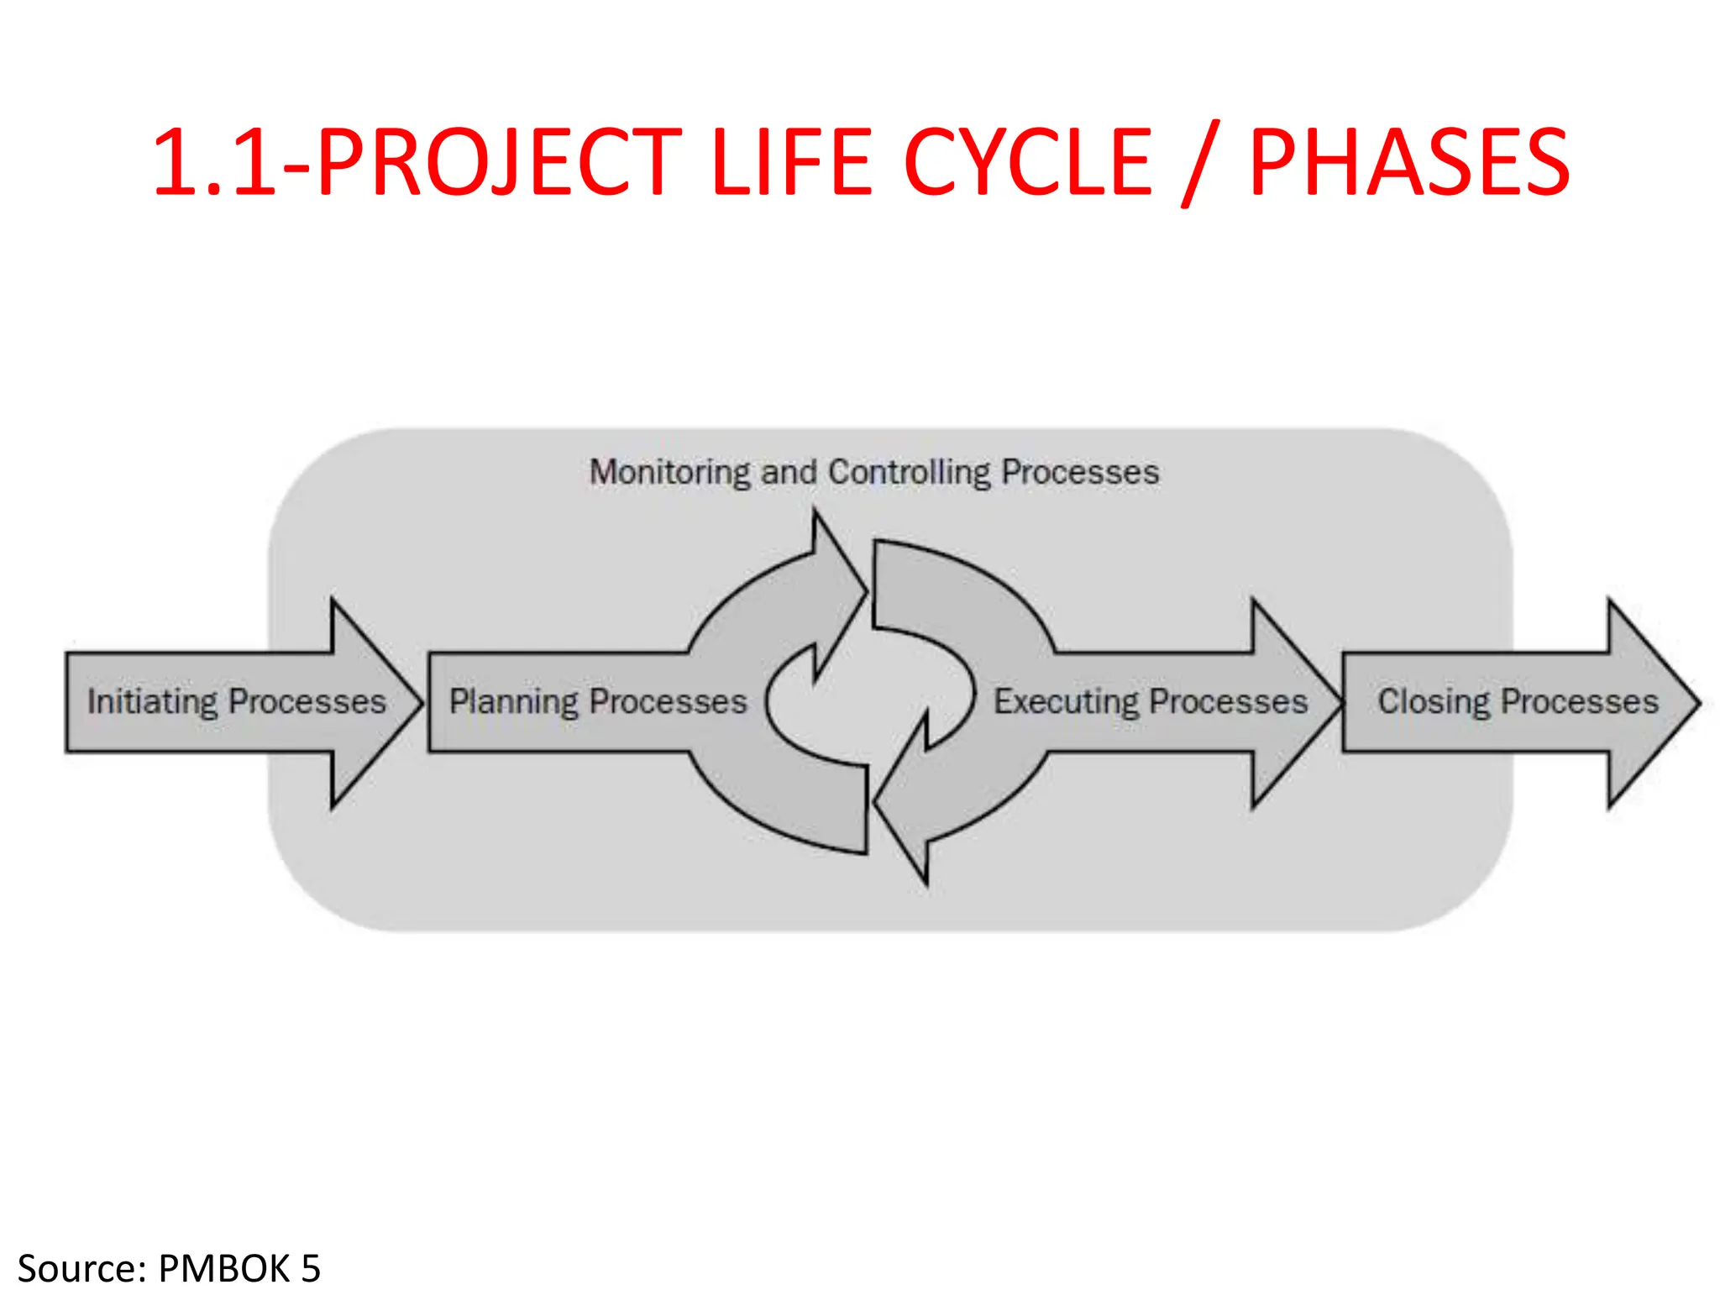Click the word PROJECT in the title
(501, 162)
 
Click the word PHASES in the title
(1409, 162)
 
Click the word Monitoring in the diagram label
(669, 473)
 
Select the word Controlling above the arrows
(910, 473)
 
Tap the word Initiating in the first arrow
(152, 701)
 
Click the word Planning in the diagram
(513, 701)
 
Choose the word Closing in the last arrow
(1433, 701)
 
